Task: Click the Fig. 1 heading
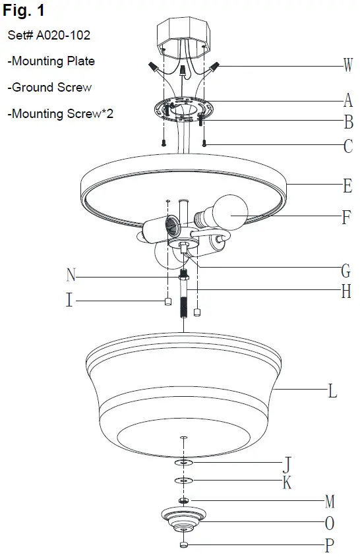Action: tap(24, 11)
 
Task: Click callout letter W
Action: tap(347, 65)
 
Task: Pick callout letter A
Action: tap(347, 100)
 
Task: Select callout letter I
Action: tap(69, 301)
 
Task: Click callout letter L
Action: tap(333, 392)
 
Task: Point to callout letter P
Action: tap(330, 546)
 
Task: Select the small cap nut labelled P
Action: tap(184, 544)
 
